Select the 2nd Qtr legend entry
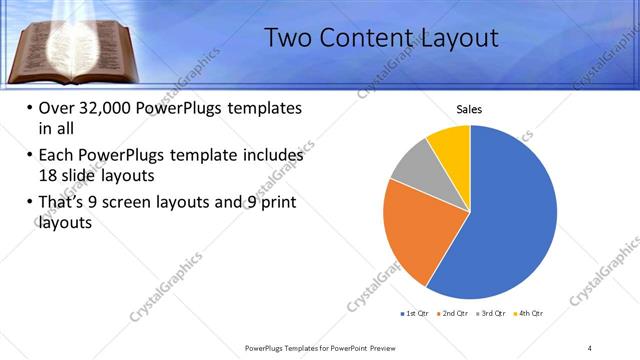454,314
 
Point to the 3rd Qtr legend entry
492,314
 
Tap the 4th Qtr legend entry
529,314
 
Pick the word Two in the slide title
290,39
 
